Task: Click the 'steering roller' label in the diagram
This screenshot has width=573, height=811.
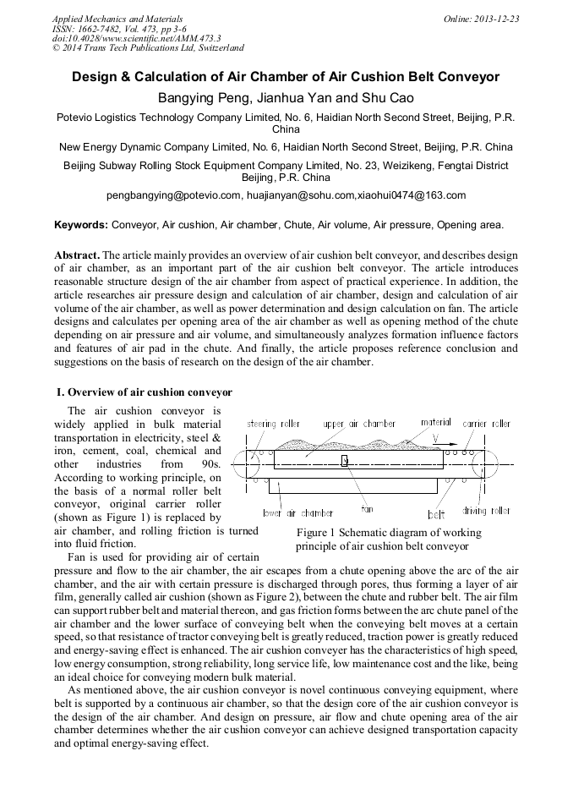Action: click(273, 423)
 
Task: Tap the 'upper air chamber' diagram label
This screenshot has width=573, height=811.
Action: click(359, 423)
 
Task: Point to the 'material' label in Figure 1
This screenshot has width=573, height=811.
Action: click(436, 422)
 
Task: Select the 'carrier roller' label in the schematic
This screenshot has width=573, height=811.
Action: click(487, 423)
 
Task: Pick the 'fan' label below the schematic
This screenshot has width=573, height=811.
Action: click(367, 509)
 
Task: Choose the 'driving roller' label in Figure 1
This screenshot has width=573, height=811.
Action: click(486, 511)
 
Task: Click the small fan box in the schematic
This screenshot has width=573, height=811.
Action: click(345, 460)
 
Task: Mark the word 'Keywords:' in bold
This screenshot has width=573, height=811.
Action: click(81, 225)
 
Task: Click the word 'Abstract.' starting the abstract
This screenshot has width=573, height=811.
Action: click(77, 255)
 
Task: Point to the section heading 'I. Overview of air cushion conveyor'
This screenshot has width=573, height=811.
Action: click(144, 392)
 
